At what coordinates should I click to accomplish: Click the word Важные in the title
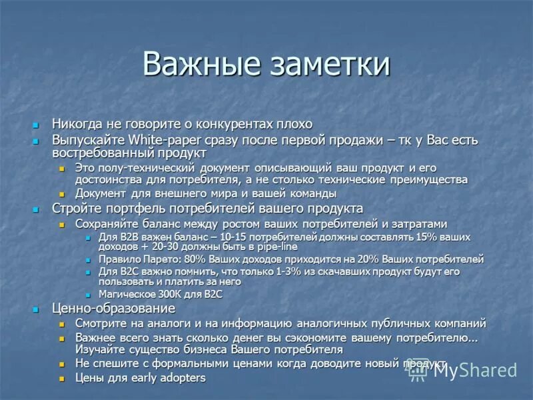201,65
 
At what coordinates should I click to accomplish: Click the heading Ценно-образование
114,309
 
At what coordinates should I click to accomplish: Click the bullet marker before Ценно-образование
37,309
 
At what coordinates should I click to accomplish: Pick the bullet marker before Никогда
37,125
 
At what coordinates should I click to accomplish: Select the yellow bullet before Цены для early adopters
61,379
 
